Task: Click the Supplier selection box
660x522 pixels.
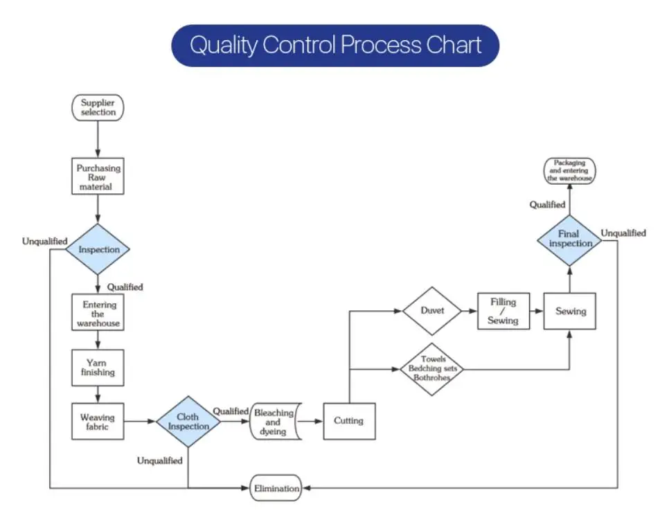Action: pos(98,108)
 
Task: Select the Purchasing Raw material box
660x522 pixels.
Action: pos(98,177)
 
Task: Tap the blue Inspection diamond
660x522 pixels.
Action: pos(98,249)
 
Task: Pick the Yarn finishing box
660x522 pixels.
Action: pos(98,368)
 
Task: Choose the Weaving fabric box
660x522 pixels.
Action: pos(98,422)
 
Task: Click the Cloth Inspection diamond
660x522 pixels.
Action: pos(188,422)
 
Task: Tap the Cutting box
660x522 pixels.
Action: pos(349,422)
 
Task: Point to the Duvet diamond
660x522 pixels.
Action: pos(432,311)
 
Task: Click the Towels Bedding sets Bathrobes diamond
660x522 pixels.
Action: pos(432,369)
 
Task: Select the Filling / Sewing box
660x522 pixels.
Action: pos(503,311)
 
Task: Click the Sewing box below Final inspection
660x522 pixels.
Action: pos(570,311)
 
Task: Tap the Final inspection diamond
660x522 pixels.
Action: pos(569,240)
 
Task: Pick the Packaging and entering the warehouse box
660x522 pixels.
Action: pos(569,171)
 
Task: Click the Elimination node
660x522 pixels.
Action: pos(276,488)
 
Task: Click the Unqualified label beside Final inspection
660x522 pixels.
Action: pos(623,233)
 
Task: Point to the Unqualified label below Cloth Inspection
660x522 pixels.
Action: pos(160,461)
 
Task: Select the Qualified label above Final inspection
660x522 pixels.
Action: pos(547,205)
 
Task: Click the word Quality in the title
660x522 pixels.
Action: pos(223,46)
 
